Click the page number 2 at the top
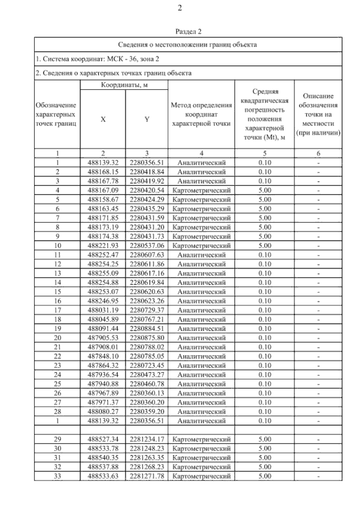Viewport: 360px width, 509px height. (180, 8)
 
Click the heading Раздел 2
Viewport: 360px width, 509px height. (188, 31)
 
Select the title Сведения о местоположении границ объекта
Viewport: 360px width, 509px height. (187, 45)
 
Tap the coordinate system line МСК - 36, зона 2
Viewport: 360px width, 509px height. (97, 59)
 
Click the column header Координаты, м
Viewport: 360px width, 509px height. (124, 85)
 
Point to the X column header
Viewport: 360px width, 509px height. (103, 119)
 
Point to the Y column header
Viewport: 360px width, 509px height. (147, 119)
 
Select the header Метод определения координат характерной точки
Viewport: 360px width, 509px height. (201, 114)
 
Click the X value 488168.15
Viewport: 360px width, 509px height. (103, 172)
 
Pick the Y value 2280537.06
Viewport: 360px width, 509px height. (147, 246)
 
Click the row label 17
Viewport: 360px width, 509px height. (57, 310)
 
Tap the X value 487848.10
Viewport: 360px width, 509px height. (103, 356)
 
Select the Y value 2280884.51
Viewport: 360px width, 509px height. (147, 329)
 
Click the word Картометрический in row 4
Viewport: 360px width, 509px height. (202, 190)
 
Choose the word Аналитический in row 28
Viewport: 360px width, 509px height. (201, 412)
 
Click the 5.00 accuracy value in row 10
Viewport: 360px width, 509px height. (265, 246)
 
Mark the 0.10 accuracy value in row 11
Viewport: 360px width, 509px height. (265, 255)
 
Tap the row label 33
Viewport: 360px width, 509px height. (57, 476)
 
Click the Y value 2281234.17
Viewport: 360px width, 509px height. (147, 439)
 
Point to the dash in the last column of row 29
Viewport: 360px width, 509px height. (318, 440)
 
